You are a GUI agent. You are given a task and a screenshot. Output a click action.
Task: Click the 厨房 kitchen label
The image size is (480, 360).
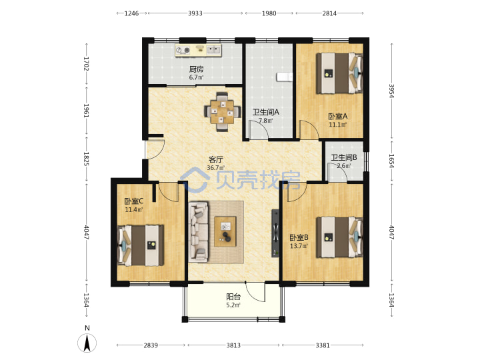click(x=196, y=69)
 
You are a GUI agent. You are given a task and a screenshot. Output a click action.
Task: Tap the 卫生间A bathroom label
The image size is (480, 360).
click(x=265, y=112)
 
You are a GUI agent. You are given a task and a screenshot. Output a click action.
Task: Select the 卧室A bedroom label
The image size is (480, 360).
click(x=338, y=116)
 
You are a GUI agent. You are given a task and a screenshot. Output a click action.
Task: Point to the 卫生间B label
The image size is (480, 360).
click(x=344, y=157)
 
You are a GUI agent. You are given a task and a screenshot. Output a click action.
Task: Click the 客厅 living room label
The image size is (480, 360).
click(x=216, y=159)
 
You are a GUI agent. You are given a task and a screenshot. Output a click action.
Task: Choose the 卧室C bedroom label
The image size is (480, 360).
click(x=134, y=201)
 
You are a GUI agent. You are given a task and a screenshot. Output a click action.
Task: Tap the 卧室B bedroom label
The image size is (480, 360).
click(x=299, y=237)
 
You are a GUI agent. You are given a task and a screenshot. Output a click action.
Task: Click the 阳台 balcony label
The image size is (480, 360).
click(x=233, y=297)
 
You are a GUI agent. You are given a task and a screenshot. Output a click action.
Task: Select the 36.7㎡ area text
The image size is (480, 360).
click(x=216, y=168)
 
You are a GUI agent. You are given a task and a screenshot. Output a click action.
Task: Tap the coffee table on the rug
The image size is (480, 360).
click(x=225, y=231)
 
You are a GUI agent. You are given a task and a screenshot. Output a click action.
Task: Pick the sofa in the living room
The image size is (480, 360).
click(x=199, y=232)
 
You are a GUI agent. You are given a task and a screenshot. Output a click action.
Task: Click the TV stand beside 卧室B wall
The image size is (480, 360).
click(x=275, y=233)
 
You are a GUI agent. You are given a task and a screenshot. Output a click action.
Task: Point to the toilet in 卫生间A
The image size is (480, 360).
click(x=285, y=77)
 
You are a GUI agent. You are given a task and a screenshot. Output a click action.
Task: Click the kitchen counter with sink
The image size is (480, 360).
click(x=198, y=50)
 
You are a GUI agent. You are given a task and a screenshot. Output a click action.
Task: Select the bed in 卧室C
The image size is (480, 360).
click(x=140, y=245)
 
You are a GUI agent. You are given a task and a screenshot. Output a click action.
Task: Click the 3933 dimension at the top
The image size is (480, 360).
click(x=195, y=13)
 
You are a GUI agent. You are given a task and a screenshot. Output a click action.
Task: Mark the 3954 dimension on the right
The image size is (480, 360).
click(x=391, y=91)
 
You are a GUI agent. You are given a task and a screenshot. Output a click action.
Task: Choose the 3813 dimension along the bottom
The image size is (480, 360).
click(x=233, y=345)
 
